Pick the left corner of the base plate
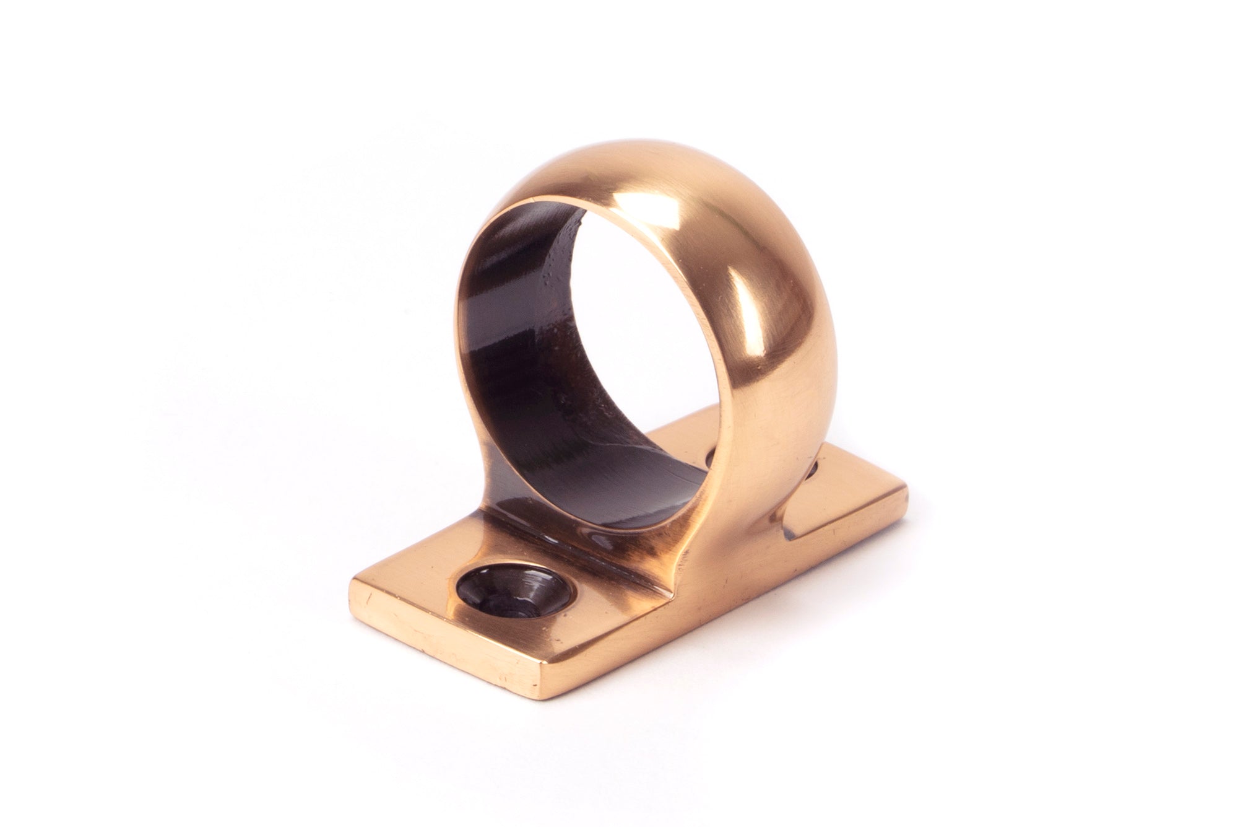pyautogui.click(x=352, y=586)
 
